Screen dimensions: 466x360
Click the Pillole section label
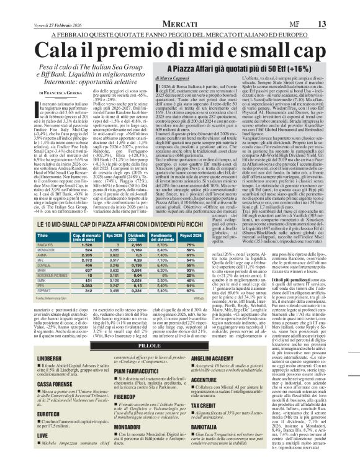tap(180, 345)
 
